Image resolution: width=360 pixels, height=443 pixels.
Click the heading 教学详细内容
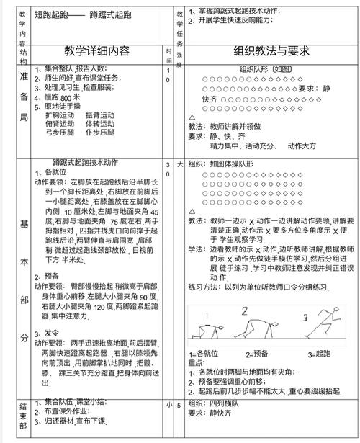[x=97, y=51]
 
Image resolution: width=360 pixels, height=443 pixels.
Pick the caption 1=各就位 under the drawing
[x=206, y=354]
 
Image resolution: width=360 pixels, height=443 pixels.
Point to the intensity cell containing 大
[x=180, y=165]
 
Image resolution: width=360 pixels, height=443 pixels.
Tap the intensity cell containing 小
[x=168, y=405]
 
